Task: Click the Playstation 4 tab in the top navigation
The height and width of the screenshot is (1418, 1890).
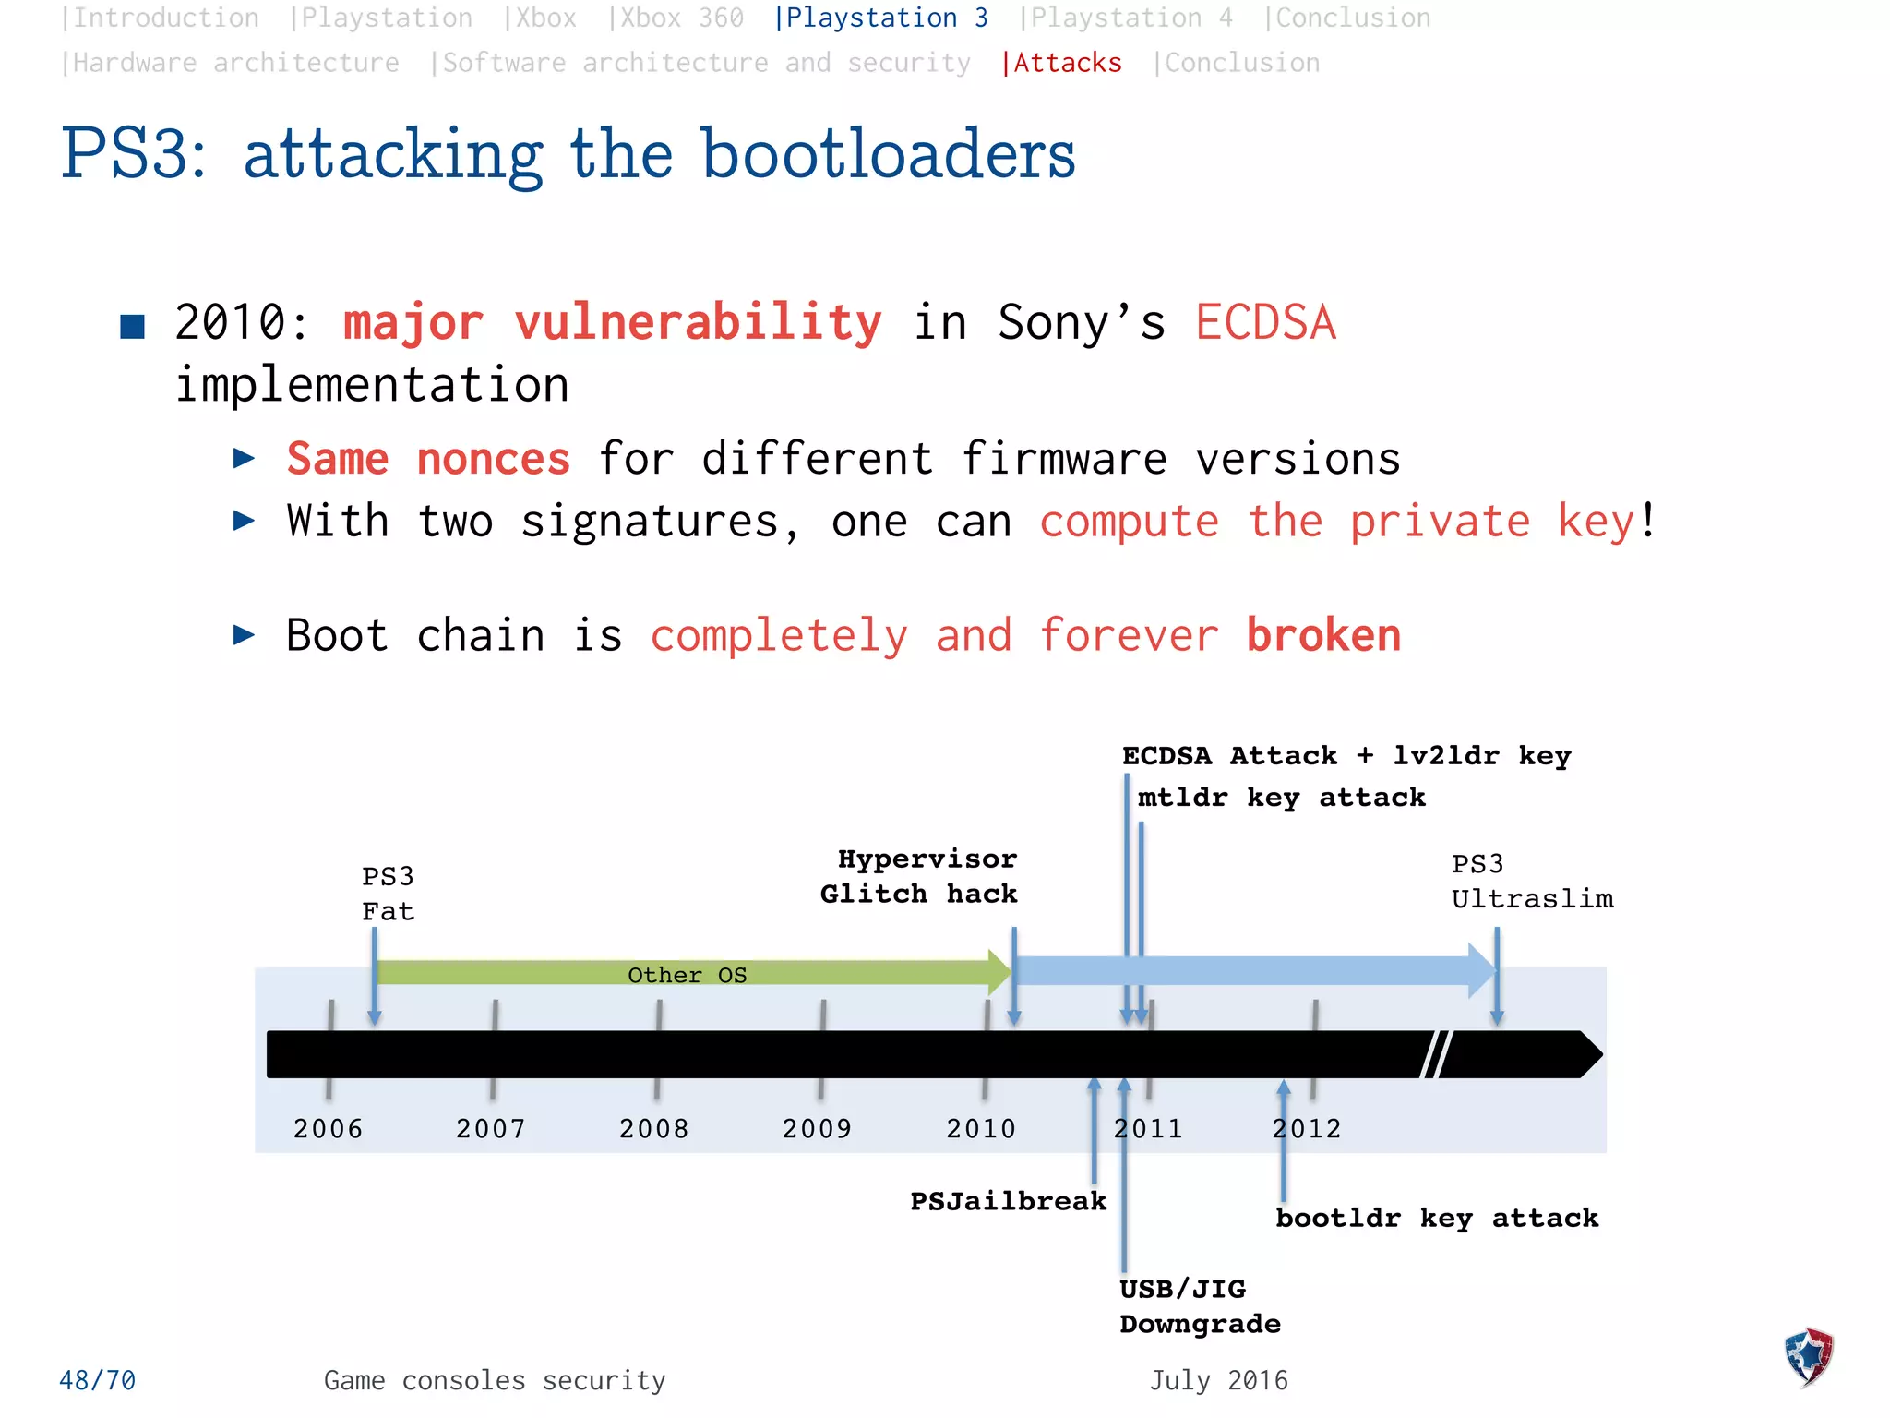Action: coord(1126,18)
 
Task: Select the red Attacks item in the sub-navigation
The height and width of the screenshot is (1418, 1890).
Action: coord(1062,63)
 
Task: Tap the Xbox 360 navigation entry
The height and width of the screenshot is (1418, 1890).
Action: coord(676,18)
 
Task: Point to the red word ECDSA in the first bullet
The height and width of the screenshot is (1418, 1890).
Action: coord(1265,323)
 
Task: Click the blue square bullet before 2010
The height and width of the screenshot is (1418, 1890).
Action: coord(133,327)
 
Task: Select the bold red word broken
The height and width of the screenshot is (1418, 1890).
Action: coord(1323,635)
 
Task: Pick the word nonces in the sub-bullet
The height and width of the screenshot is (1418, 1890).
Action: coord(494,459)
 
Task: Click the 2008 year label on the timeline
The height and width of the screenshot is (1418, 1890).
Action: coord(653,1128)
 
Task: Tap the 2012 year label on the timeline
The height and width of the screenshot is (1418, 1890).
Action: coord(1307,1128)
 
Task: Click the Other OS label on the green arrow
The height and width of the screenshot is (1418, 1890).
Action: coord(687,975)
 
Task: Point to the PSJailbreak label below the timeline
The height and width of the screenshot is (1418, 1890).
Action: coord(1008,1201)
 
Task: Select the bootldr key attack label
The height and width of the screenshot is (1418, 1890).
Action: coord(1437,1219)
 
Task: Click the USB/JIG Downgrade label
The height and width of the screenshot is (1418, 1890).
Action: coord(1200,1306)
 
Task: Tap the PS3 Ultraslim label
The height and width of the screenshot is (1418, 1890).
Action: coord(1532,882)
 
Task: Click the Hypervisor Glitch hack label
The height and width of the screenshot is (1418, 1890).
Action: coord(920,876)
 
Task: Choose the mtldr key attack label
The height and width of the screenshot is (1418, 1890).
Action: coord(1281,798)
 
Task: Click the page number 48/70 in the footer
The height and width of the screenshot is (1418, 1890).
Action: coord(97,1380)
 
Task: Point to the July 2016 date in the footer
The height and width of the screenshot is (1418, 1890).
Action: coord(1218,1380)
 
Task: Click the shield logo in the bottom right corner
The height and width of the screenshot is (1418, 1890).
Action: coord(1809,1356)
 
